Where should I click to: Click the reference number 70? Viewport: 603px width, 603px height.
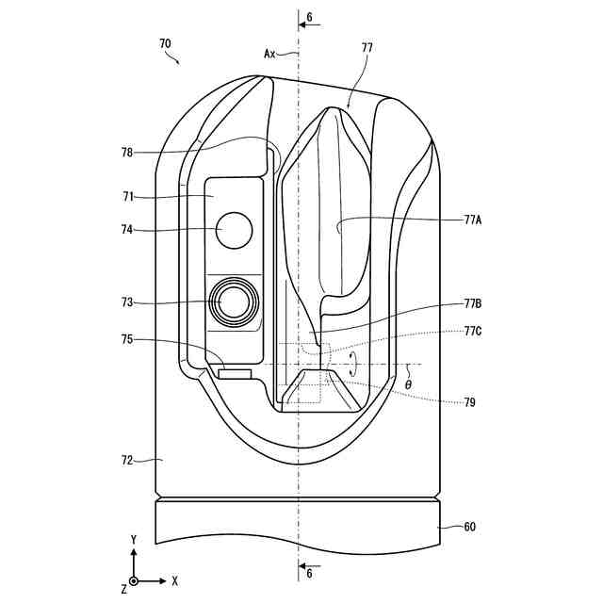point(165,43)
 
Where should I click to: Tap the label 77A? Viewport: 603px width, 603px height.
point(473,219)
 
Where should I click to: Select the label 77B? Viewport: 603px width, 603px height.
point(473,304)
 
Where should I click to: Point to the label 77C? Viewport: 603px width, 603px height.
point(473,332)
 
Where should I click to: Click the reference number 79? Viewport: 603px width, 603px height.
point(469,402)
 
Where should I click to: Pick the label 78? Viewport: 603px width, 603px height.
point(127,152)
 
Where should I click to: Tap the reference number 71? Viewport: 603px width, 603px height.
point(127,197)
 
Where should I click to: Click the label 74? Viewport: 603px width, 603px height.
point(127,229)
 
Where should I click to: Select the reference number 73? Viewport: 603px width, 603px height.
point(127,302)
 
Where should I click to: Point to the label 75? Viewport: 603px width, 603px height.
point(127,340)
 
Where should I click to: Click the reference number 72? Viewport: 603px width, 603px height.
point(127,461)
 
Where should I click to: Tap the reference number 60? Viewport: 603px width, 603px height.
point(469,528)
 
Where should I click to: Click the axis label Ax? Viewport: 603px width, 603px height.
point(269,54)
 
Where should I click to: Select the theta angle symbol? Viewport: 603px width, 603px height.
point(408,384)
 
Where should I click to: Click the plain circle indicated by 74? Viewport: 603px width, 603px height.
point(235,230)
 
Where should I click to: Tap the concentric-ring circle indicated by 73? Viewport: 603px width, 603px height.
point(233,301)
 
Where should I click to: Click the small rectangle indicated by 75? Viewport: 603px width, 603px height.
point(235,374)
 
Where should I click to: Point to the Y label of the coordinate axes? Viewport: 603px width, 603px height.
point(134,539)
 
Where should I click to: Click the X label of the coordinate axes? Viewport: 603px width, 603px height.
point(175,580)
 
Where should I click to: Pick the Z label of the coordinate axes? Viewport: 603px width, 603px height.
point(123,589)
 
